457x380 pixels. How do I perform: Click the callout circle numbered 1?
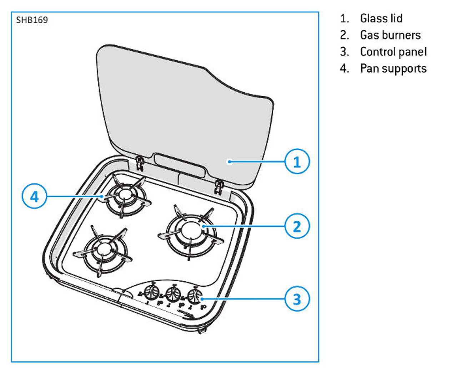(297, 161)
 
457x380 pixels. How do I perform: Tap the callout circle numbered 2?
(297, 226)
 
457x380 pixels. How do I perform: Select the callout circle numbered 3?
(297, 299)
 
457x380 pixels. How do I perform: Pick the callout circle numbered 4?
(34, 196)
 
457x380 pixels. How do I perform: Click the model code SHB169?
(32, 20)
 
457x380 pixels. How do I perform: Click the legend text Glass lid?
(381, 18)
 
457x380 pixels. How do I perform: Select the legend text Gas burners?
(390, 35)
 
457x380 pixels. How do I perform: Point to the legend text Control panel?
(393, 52)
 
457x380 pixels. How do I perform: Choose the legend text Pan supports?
(393, 68)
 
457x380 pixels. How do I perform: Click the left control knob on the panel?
(152, 292)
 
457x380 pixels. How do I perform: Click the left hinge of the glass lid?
(140, 163)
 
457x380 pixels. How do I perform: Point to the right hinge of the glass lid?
(219, 186)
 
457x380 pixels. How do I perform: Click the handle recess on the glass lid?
(180, 165)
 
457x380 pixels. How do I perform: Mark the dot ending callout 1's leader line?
(230, 161)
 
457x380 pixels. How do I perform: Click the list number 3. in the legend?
(344, 52)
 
